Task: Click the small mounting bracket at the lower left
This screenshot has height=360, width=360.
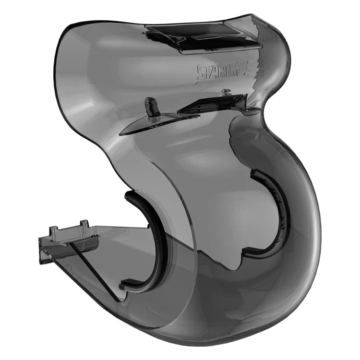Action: (x=67, y=240)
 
